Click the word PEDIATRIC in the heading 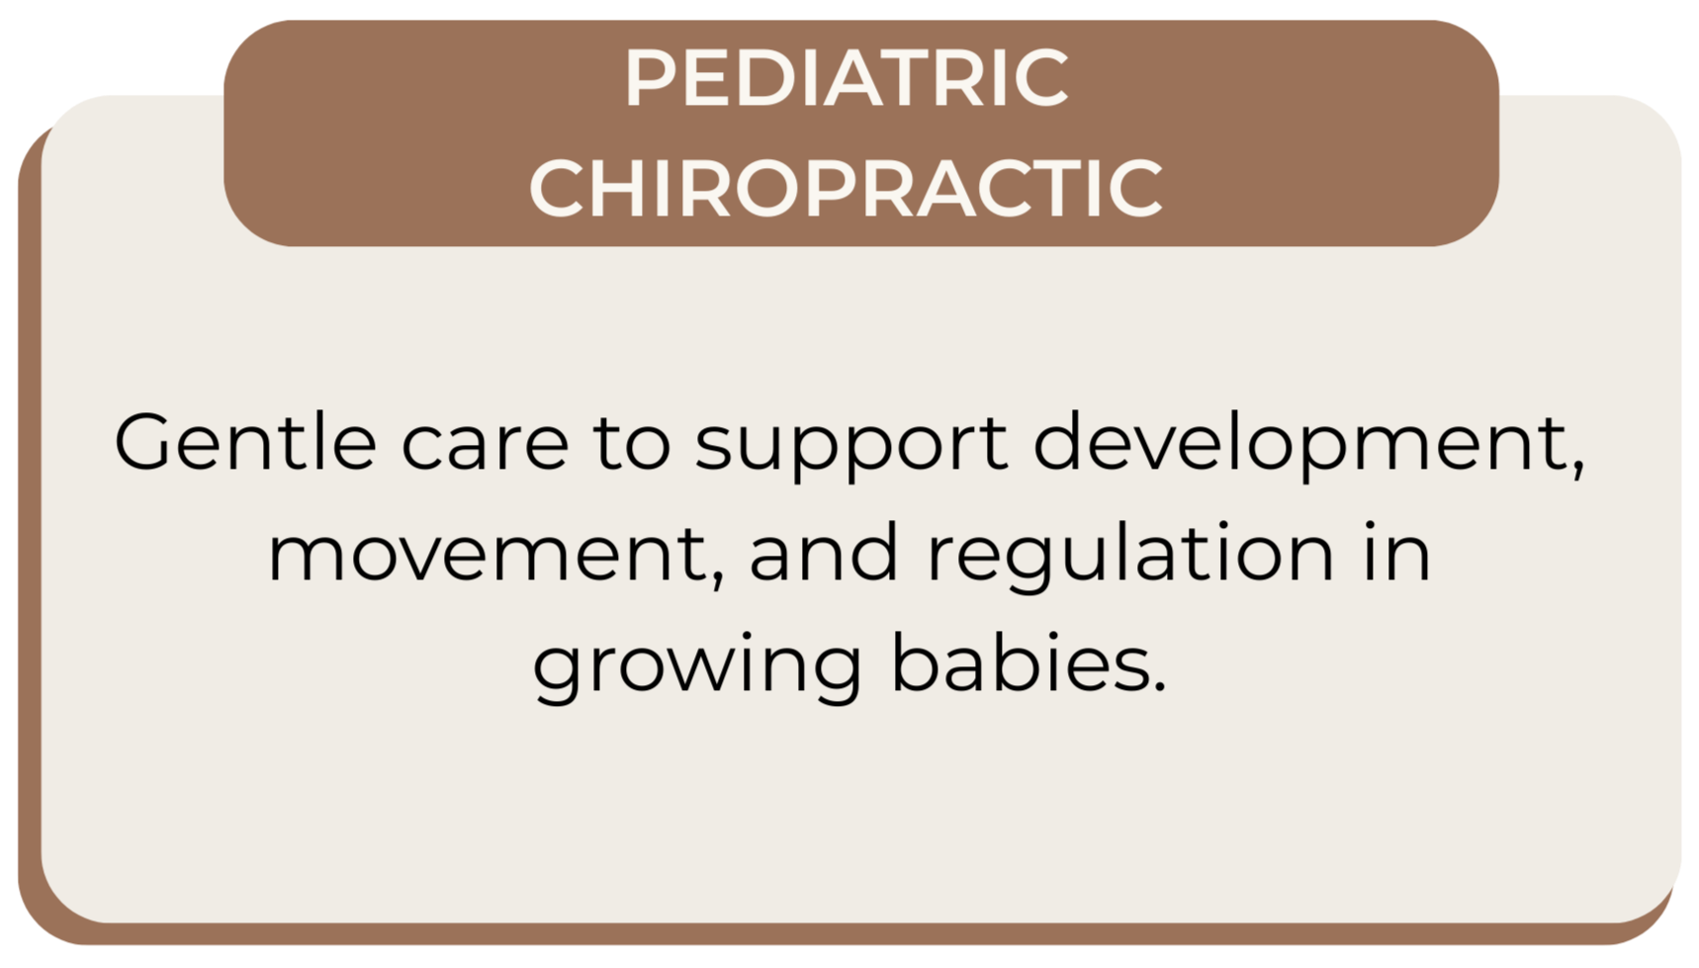click(847, 78)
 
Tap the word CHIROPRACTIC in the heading click(847, 187)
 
